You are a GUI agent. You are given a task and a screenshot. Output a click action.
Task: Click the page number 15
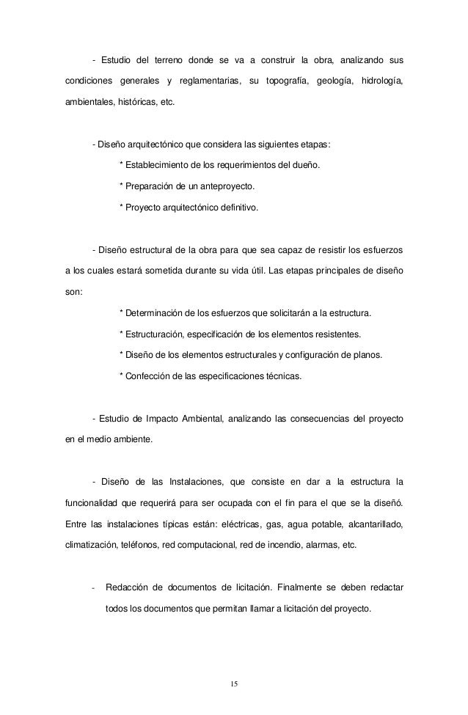click(x=233, y=683)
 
